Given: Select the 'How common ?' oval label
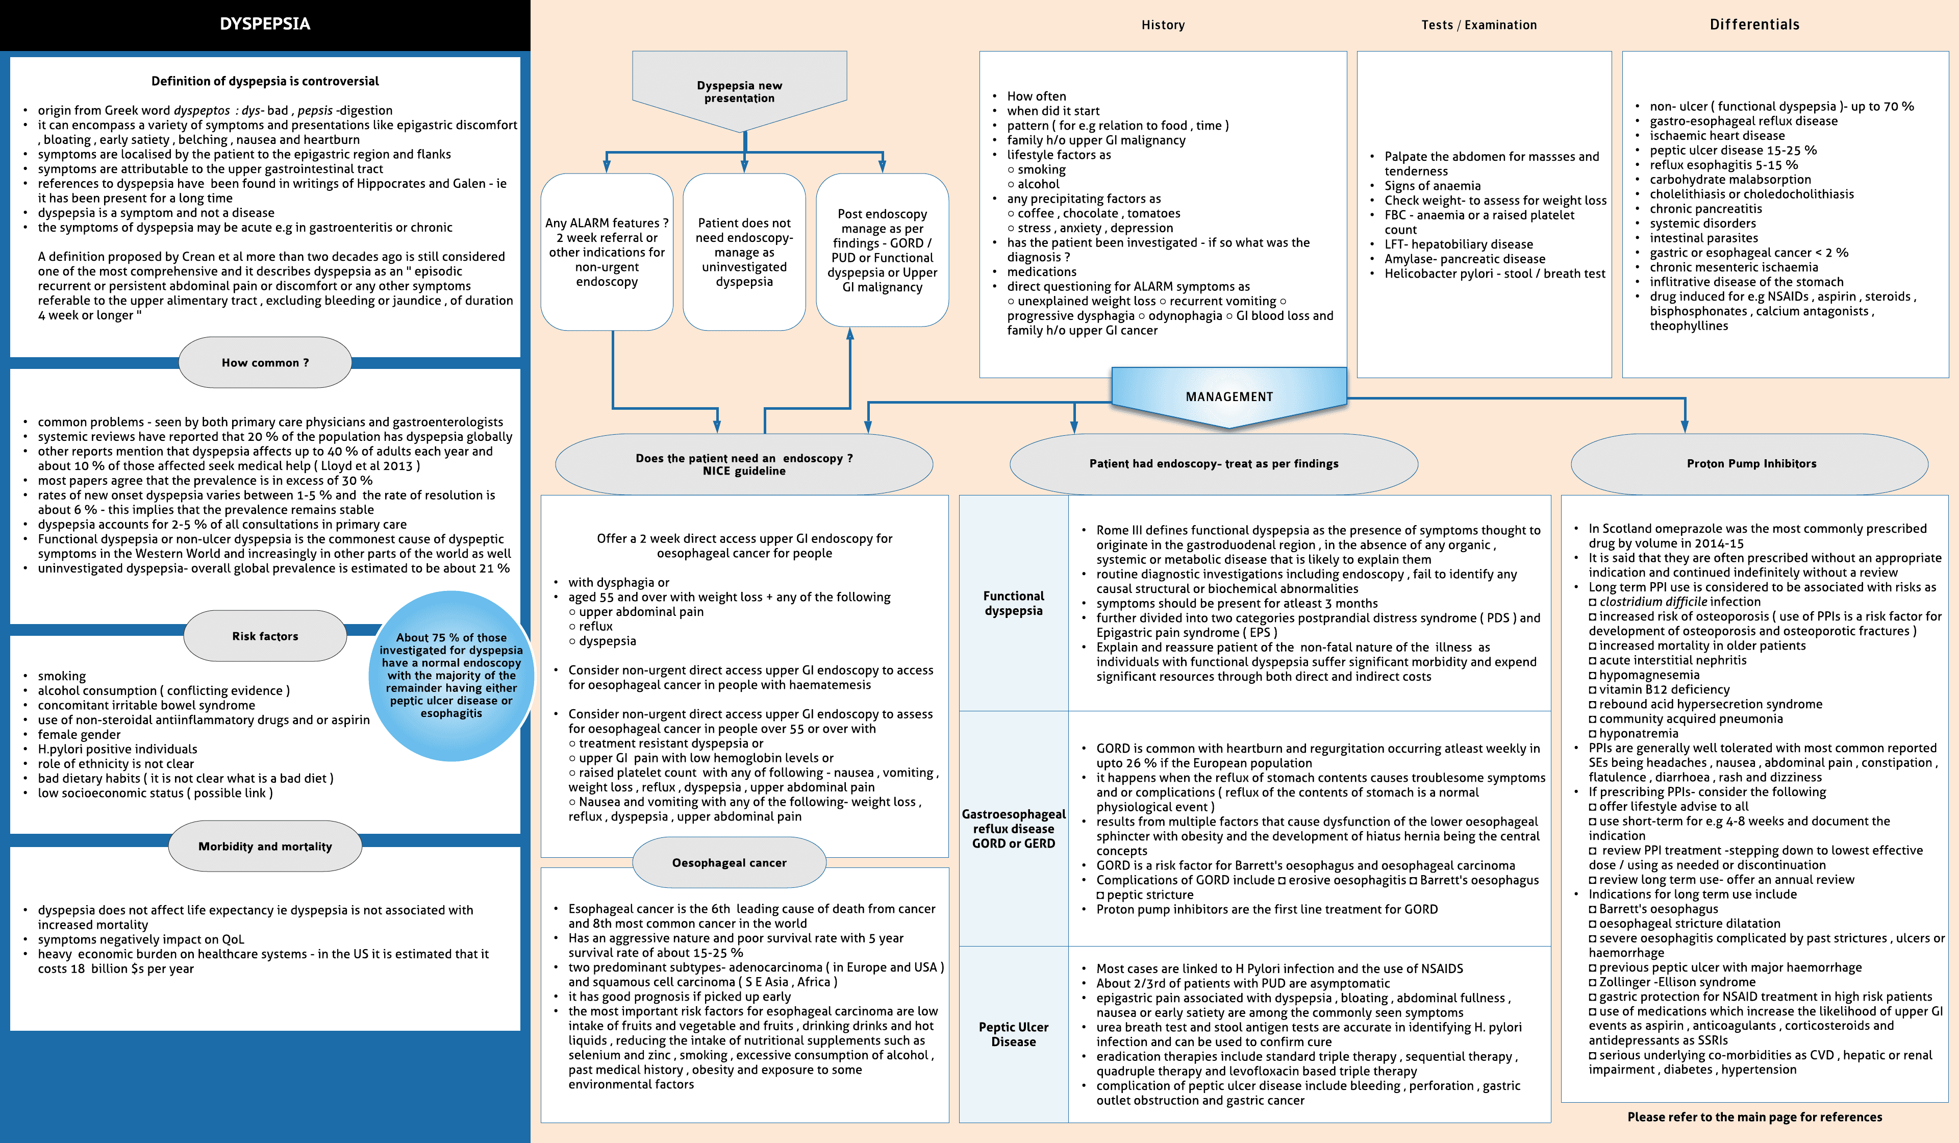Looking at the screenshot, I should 265,362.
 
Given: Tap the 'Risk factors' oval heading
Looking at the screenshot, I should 265,636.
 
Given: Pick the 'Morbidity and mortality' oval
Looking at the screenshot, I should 265,846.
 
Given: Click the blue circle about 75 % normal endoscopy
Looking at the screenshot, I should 451,675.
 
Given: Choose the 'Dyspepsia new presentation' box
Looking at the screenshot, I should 739,91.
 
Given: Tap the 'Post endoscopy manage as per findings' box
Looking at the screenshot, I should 883,251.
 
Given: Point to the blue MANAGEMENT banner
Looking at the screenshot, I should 1229,396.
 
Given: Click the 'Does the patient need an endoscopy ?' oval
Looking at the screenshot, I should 744,464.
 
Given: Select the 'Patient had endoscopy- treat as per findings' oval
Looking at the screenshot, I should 1214,463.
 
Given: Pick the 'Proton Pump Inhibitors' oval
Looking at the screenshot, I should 1751,463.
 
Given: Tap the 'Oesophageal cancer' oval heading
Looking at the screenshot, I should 729,862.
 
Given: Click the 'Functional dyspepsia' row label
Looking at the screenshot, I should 1014,603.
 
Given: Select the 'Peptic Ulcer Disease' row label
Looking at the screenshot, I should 1014,1034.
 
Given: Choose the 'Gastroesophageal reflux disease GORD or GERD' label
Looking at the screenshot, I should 1014,828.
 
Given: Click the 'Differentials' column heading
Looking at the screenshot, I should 1754,24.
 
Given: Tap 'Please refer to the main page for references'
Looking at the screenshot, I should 1754,1116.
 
